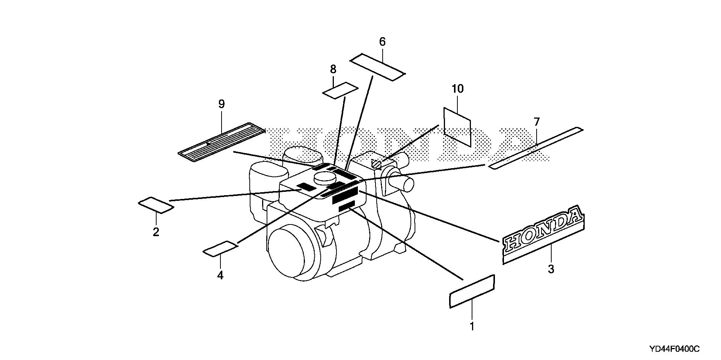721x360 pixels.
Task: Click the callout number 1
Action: pos(472,326)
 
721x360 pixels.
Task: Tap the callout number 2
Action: pos(156,232)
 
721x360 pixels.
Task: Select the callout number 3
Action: pos(551,269)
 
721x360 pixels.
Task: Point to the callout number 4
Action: pos(220,275)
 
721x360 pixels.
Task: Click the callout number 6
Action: pos(382,42)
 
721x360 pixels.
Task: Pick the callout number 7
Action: pos(537,122)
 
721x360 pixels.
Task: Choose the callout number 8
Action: pos(333,69)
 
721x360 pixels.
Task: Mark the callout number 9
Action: pos(221,104)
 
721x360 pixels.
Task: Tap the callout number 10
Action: pos(458,89)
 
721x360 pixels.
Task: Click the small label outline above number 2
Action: pos(156,205)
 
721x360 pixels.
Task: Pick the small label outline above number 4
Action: pos(220,249)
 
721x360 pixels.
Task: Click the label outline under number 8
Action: pos(340,90)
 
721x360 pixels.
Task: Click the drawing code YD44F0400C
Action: pos(674,349)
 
